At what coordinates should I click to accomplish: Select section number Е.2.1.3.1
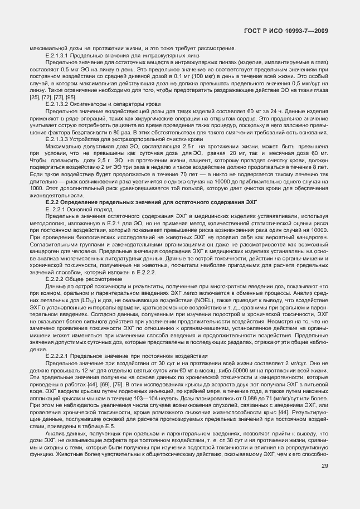point(58,56)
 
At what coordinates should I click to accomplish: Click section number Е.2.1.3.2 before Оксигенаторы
point(58,104)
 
